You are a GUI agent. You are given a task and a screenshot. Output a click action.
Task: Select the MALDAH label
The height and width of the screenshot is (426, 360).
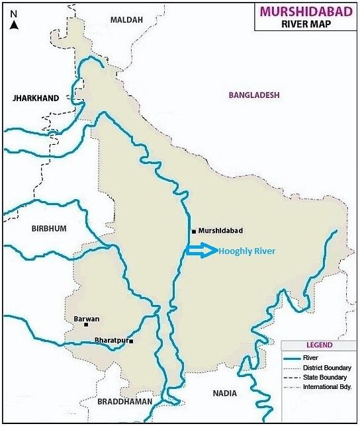tap(126, 20)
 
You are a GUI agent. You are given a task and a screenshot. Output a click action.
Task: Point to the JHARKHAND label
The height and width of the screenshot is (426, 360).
tap(36, 98)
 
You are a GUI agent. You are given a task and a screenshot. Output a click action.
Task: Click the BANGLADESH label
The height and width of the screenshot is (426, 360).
tap(254, 95)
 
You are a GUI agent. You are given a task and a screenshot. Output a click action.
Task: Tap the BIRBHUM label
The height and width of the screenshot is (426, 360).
tap(49, 228)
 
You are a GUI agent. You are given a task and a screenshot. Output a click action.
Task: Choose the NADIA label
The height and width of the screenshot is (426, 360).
tap(224, 394)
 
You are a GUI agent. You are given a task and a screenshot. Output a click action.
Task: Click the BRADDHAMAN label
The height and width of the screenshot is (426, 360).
tap(125, 402)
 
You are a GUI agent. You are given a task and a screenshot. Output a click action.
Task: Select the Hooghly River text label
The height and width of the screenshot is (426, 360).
tap(247, 251)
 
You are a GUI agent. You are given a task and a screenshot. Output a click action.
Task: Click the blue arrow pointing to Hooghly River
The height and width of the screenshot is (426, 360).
tap(201, 250)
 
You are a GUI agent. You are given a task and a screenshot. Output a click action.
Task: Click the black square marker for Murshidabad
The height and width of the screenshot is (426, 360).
tap(193, 232)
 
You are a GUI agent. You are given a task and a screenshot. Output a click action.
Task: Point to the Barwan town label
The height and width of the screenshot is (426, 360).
tap(86, 318)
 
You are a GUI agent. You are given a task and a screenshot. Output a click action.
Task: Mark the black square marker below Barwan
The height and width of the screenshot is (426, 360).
tap(96, 325)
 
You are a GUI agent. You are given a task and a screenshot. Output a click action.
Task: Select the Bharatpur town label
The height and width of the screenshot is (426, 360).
tap(110, 340)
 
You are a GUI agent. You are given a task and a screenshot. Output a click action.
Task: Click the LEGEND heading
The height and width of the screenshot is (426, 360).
tap(319, 345)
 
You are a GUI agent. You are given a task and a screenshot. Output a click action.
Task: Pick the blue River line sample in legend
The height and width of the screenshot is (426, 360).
tap(291, 358)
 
